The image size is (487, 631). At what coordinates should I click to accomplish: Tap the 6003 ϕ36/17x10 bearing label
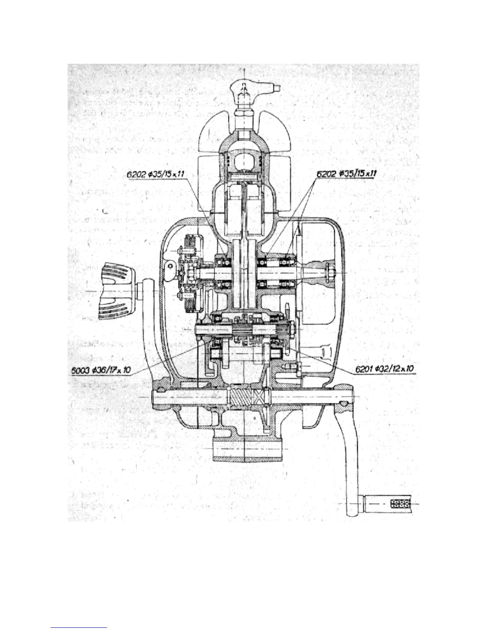point(101,370)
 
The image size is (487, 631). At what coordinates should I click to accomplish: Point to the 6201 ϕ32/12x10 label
point(385,369)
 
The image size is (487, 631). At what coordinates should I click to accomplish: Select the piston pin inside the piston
point(244,174)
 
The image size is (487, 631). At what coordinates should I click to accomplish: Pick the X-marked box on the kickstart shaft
point(258,398)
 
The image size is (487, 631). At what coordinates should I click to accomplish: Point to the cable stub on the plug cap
point(276,86)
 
